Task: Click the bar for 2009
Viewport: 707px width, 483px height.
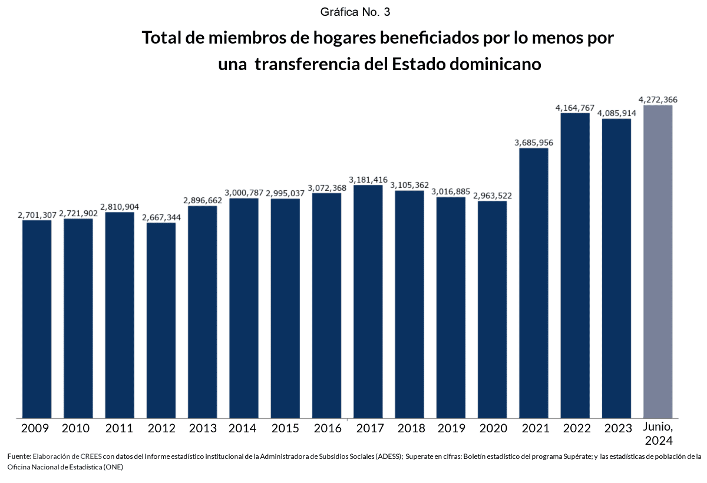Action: pos(37,319)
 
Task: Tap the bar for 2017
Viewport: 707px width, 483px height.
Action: pos(368,301)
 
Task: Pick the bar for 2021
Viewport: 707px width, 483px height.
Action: pos(533,283)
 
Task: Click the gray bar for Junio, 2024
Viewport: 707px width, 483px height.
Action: pos(658,262)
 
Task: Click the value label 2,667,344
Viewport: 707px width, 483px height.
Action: pos(161,217)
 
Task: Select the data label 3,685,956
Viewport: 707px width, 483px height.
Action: pos(534,143)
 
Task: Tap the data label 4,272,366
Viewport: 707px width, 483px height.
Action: pos(658,100)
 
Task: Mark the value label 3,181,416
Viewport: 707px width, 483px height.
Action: pos(368,180)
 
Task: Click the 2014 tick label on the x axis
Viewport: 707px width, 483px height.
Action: pos(242,428)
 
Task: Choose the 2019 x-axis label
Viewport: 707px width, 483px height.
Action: pos(451,428)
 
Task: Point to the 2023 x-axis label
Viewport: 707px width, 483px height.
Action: pos(616,428)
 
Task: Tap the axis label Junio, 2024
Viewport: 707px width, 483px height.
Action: pos(658,434)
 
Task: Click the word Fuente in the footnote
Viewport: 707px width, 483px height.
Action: pos(19,456)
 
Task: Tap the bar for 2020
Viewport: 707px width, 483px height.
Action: pos(492,309)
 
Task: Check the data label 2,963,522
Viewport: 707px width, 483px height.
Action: pos(493,196)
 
